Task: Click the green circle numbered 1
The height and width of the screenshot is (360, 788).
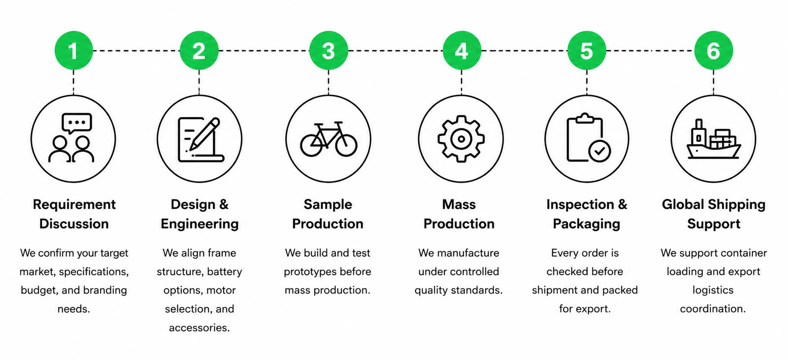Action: point(73,50)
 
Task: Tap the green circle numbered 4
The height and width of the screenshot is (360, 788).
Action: point(461,50)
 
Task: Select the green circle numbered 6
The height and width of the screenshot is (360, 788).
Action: point(714,50)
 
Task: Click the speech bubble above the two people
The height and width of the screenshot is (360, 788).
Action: point(77,123)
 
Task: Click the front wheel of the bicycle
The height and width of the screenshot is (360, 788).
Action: point(346,145)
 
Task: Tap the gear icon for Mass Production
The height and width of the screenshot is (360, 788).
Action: point(461,139)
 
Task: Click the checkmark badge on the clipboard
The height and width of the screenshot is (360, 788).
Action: point(599,151)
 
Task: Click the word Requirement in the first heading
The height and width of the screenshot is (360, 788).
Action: point(74,204)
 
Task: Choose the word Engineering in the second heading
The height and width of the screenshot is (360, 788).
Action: point(199,224)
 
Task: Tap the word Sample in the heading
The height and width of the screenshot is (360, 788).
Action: point(328,204)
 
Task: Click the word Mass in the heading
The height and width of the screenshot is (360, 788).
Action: point(459,204)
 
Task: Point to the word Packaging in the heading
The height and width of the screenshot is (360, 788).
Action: point(587,224)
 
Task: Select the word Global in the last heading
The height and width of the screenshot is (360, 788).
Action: point(683,204)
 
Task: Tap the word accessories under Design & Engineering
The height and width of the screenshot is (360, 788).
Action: point(199,328)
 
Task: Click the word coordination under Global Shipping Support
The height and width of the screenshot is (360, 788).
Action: point(713,309)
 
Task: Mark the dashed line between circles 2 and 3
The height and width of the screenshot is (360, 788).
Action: point(264,51)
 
